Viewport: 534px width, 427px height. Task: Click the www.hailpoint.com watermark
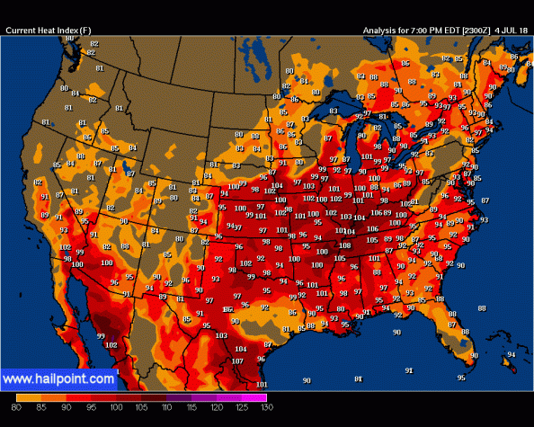pyautogui.click(x=58, y=379)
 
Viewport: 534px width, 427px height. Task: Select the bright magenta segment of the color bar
pyautogui.click(x=254, y=396)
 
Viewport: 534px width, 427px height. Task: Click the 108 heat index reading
pyautogui.click(x=344, y=245)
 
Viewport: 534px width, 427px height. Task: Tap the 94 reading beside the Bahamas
pyautogui.click(x=512, y=354)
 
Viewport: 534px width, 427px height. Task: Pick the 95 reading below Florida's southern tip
pyautogui.click(x=461, y=378)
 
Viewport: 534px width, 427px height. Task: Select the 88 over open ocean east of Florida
pyautogui.click(x=481, y=308)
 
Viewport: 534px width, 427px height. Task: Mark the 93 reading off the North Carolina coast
pyautogui.click(x=484, y=220)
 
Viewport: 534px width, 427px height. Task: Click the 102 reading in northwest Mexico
pyautogui.click(x=111, y=344)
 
